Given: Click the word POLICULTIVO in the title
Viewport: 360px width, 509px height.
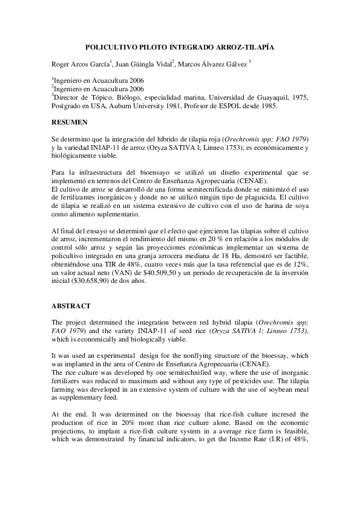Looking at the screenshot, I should click(x=107, y=46).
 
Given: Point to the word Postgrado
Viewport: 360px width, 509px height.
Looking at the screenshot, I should click(x=68, y=106).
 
